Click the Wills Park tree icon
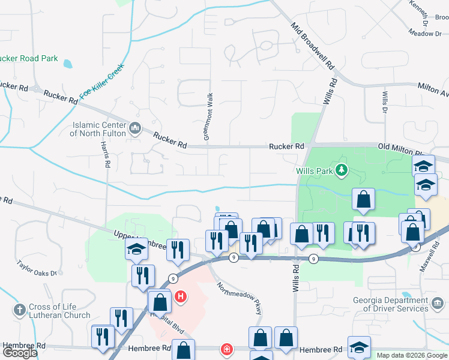click(x=342, y=170)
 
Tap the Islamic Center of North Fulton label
click(x=98, y=129)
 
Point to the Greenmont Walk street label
click(x=208, y=117)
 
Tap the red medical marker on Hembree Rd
click(x=227, y=349)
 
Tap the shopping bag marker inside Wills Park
click(x=363, y=200)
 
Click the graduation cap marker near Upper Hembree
click(x=136, y=249)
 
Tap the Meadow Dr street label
click(x=424, y=34)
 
